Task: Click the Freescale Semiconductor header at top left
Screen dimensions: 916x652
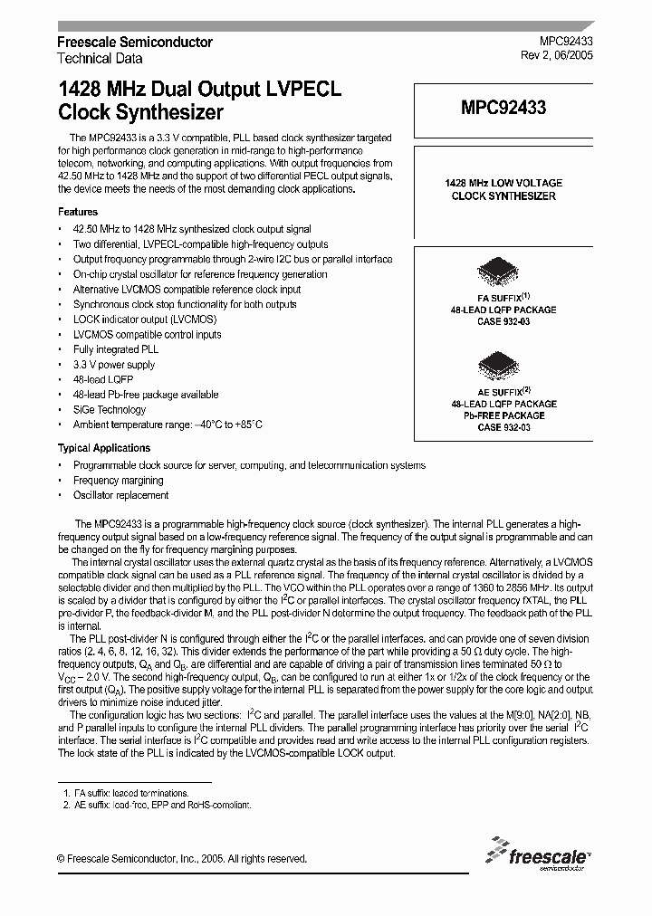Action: tap(135, 43)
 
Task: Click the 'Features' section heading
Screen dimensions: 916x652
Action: tap(78, 211)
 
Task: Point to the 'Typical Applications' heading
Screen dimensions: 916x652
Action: tap(104, 448)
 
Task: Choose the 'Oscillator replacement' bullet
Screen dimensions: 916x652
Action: tap(120, 496)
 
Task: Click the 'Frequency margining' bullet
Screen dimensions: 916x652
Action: tap(119, 481)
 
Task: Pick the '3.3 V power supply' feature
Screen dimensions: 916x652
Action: tap(114, 365)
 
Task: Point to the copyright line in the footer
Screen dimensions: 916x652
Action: tap(182, 859)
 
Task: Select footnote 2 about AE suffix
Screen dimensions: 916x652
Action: tap(158, 805)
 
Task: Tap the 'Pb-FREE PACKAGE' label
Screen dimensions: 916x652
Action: tap(503, 415)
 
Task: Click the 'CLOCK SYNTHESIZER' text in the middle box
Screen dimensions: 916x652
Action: tap(503, 196)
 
